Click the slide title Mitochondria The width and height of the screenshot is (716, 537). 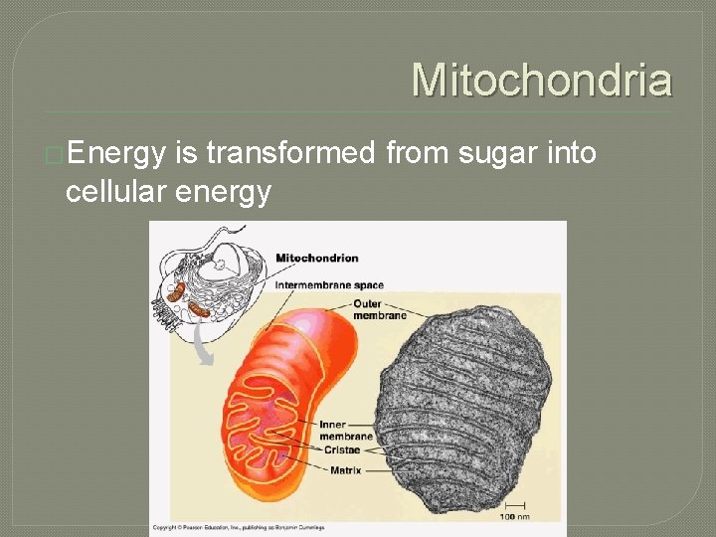pos(542,80)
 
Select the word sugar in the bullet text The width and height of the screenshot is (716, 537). pos(487,154)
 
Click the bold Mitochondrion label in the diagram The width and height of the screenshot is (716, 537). pos(317,259)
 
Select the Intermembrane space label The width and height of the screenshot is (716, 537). pos(329,285)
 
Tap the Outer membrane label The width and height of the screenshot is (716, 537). pos(379,309)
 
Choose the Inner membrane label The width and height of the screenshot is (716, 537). pos(345,431)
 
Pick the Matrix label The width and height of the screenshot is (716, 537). pos(345,469)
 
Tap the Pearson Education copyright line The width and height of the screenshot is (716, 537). pos(239,527)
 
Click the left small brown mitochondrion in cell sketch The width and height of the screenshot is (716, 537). pos(176,292)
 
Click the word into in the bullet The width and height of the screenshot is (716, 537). pos(570,154)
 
